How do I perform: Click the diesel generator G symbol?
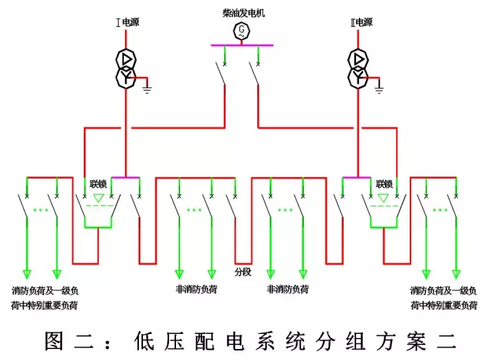(x=241, y=30)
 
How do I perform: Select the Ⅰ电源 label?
(x=126, y=22)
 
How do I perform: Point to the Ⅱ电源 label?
(x=360, y=22)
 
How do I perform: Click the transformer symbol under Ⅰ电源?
(x=125, y=69)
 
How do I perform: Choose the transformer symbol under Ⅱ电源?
(x=357, y=69)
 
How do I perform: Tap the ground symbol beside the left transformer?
(x=147, y=87)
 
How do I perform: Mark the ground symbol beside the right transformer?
(x=379, y=87)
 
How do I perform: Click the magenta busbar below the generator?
(x=242, y=45)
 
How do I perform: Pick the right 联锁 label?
(x=384, y=184)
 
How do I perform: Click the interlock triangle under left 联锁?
(x=98, y=199)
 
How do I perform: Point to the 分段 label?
(x=243, y=272)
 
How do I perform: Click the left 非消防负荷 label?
(x=196, y=289)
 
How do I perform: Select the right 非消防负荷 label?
(x=287, y=289)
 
